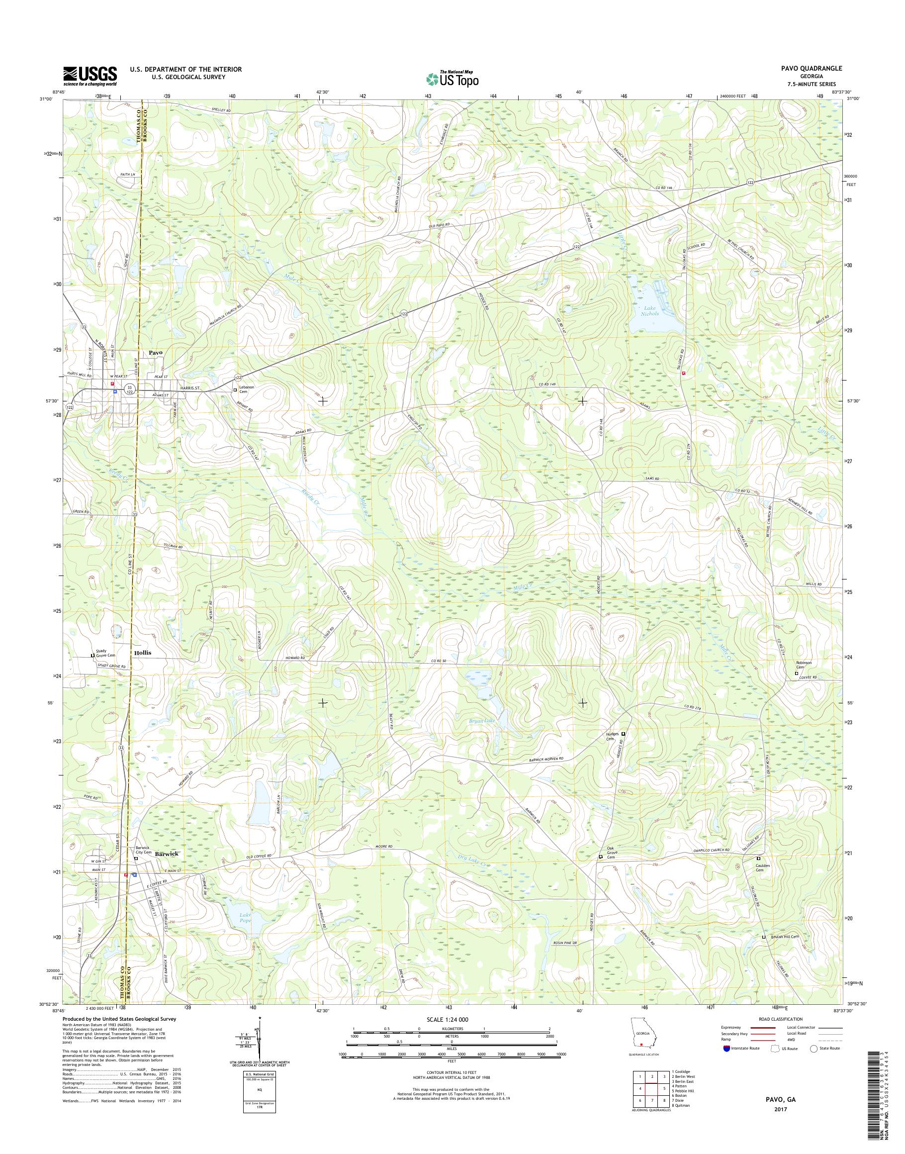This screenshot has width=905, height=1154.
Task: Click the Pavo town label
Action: click(155, 353)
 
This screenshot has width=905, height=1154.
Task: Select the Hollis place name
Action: click(143, 653)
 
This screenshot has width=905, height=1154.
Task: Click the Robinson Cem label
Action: click(803, 666)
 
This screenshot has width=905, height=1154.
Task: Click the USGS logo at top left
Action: click(90, 76)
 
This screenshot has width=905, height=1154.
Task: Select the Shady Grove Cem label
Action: click(104, 653)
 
